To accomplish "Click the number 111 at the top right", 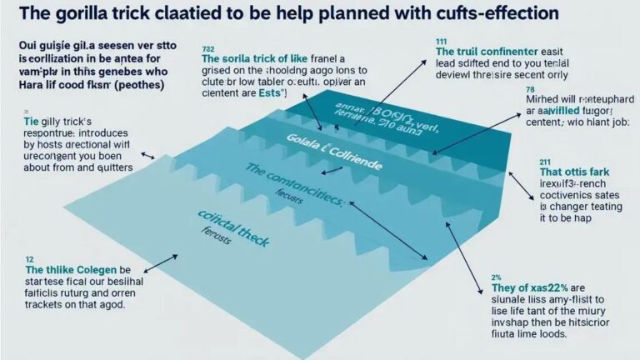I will point(441,40).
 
